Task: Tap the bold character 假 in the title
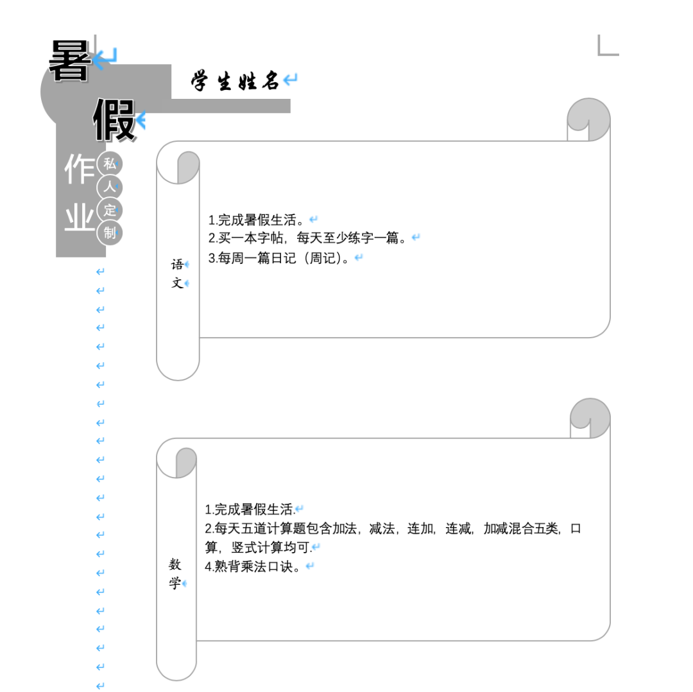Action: pyautogui.click(x=114, y=120)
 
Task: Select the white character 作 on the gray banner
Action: pyautogui.click(x=80, y=169)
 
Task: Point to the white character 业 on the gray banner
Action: pyautogui.click(x=80, y=217)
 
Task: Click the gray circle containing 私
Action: pyautogui.click(x=110, y=164)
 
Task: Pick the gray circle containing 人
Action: pyautogui.click(x=110, y=187)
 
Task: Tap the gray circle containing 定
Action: pyautogui.click(x=110, y=210)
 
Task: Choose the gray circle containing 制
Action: pyautogui.click(x=110, y=233)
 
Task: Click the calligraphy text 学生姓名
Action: pyautogui.click(x=235, y=81)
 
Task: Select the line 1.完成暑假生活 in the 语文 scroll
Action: pyautogui.click(x=256, y=220)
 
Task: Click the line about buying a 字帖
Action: pyautogui.click(x=307, y=238)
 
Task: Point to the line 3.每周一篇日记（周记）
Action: pyautogui.click(x=279, y=258)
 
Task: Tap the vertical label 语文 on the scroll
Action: pyautogui.click(x=177, y=273)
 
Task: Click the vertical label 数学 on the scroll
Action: pyautogui.click(x=175, y=573)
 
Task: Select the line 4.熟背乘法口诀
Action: pyautogui.click(x=253, y=566)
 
